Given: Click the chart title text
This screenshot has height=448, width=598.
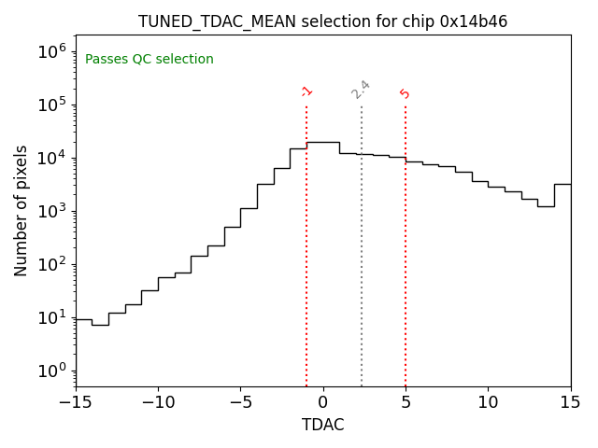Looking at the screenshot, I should click(x=322, y=21).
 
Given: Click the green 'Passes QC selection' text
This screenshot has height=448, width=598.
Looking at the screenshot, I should click(x=149, y=60).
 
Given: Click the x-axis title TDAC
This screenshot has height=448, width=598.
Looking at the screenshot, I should click(x=322, y=425).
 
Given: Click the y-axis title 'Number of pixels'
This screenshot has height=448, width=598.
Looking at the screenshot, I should click(x=21, y=210).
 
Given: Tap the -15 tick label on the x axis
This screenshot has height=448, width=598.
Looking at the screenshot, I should click(x=76, y=401).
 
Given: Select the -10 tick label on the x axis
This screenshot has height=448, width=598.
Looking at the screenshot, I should click(x=158, y=401).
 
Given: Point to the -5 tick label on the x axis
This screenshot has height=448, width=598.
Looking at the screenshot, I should click(x=240, y=401).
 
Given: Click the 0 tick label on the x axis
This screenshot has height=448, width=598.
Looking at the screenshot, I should click(x=323, y=401).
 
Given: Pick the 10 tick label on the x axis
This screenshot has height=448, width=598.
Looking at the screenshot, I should click(x=488, y=401).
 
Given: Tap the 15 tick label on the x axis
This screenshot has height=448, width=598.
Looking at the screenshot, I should click(x=570, y=401).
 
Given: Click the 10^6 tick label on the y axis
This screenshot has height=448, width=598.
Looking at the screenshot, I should click(x=50, y=50).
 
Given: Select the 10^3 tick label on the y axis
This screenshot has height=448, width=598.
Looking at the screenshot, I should click(x=50, y=210).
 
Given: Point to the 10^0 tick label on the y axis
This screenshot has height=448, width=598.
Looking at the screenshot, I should click(x=50, y=371).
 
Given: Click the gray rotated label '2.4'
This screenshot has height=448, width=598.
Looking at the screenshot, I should click(x=361, y=90).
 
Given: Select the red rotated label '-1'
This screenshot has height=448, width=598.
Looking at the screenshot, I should click(x=306, y=91).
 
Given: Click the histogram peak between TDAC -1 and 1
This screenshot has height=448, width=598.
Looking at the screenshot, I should click(x=323, y=142).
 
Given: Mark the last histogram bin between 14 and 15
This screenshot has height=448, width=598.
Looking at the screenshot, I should click(x=562, y=184).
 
